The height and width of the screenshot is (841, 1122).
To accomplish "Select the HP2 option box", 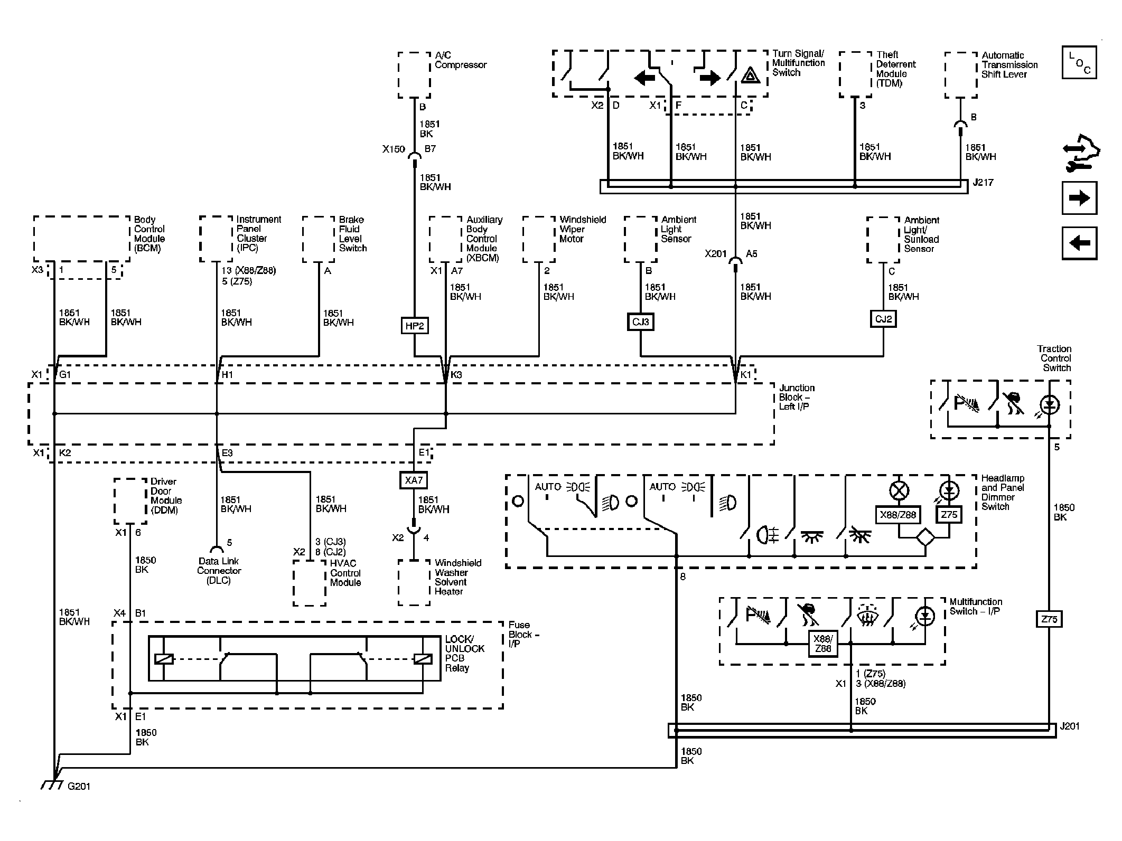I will [414, 326].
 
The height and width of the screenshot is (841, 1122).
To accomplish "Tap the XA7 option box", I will [414, 480].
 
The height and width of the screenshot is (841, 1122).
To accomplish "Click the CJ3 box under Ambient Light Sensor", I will [641, 322].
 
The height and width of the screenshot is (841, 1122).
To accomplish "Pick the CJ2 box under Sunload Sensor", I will [883, 319].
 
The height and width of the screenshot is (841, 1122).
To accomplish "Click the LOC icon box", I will [1079, 63].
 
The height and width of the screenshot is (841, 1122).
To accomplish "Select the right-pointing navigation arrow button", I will [1079, 199].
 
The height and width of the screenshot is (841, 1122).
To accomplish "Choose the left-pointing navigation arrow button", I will [1079, 243].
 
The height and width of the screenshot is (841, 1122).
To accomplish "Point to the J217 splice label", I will [983, 183].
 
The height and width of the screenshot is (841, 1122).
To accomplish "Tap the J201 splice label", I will [1069, 726].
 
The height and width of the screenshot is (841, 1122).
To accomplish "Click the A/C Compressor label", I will [460, 60].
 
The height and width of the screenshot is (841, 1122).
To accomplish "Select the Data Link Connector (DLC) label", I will [219, 571].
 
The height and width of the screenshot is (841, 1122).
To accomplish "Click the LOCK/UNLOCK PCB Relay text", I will [464, 654].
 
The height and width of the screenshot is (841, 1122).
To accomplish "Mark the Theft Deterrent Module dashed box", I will [855, 74].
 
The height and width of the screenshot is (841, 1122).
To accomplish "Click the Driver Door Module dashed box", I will [130, 501].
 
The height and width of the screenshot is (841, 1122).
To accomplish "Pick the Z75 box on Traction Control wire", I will [1049, 619].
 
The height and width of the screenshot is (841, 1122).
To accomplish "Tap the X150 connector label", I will [394, 149].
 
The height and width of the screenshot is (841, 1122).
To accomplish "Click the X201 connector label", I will [716, 254].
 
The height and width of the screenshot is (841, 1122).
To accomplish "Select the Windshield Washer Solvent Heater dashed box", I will [414, 583].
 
